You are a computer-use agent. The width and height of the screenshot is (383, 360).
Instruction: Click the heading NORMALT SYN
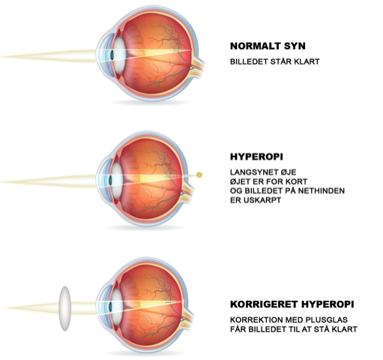click(x=268, y=46)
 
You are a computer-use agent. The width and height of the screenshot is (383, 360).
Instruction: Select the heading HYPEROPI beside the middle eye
click(x=256, y=157)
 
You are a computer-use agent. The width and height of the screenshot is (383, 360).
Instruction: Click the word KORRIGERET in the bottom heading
click(x=264, y=304)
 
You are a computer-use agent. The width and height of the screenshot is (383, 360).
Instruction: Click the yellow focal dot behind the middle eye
click(x=199, y=175)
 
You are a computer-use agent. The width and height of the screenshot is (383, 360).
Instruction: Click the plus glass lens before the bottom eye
click(x=65, y=308)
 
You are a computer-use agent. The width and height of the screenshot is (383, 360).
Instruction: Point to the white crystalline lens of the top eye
click(x=119, y=55)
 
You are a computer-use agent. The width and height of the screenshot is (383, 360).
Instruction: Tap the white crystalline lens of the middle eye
click(x=117, y=181)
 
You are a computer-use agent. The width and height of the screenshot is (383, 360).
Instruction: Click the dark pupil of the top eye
click(x=112, y=55)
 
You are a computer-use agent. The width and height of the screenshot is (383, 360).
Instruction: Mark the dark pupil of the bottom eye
click(x=110, y=307)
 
